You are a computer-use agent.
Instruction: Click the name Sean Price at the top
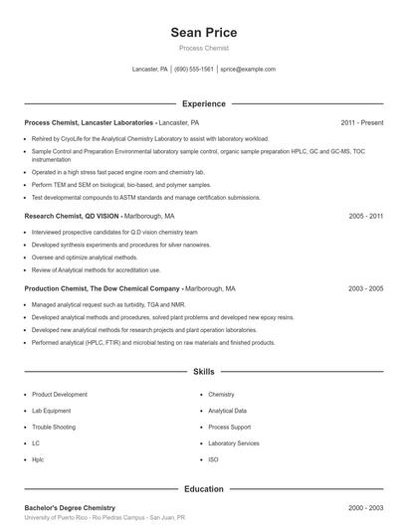coord(204,33)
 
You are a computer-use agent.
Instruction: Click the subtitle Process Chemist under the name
coord(204,48)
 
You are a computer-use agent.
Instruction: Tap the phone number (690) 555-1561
coord(194,70)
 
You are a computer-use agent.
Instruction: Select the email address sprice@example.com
coord(248,70)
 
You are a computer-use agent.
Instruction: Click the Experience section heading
coord(204,103)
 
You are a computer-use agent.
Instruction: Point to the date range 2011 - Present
coord(361,122)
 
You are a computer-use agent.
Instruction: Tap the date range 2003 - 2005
coord(365,288)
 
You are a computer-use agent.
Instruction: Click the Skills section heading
coord(204,372)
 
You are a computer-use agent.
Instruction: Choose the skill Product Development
coord(60,395)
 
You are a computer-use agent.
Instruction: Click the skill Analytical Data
coord(227,411)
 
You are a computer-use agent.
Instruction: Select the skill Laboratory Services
coord(234,443)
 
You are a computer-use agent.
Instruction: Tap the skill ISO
coord(213,459)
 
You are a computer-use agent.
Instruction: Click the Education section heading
coord(204,489)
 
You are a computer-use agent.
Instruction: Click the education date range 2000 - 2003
coord(365,508)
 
